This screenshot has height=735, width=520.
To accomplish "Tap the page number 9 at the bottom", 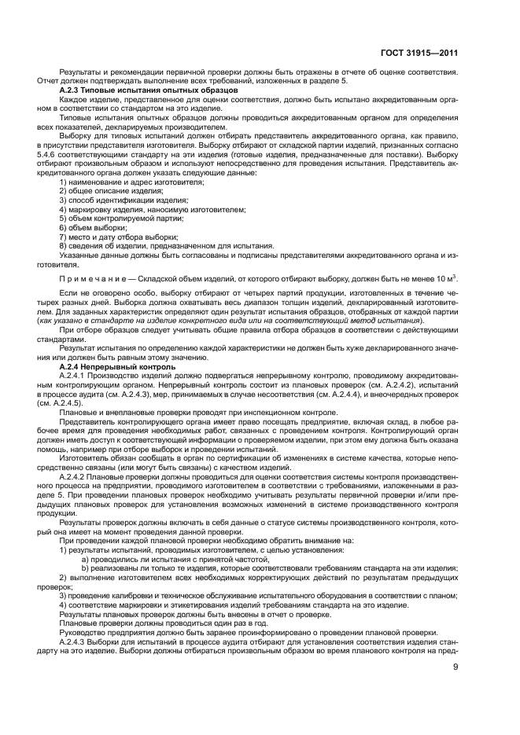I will [x=455, y=667].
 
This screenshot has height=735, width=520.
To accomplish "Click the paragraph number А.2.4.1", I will [x=75, y=376].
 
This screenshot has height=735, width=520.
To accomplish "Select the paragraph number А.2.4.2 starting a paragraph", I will [x=75, y=476].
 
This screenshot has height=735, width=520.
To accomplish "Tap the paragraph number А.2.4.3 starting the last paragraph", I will [x=75, y=640].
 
